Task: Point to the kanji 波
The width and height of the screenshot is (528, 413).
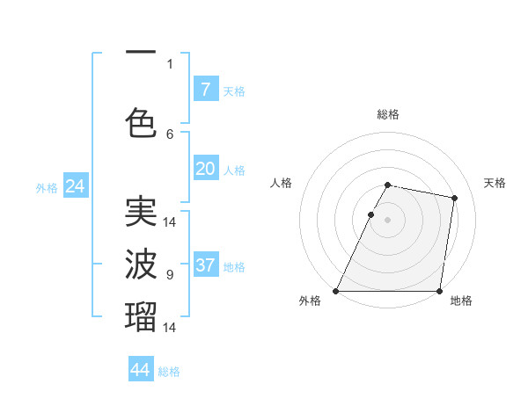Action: (141, 263)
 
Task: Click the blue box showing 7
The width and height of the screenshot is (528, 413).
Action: (205, 89)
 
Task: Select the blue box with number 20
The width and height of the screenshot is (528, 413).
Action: (205, 169)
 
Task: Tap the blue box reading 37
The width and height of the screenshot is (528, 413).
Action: (205, 265)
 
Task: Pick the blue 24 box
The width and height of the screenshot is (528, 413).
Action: (75, 186)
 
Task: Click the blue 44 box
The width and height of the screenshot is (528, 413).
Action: (141, 370)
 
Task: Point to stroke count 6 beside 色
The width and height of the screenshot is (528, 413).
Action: (170, 134)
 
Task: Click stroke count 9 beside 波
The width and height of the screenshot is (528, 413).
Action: (170, 275)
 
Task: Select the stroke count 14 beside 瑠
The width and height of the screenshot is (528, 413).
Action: (170, 327)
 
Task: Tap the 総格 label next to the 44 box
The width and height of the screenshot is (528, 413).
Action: (169, 372)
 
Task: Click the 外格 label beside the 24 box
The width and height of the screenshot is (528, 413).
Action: (47, 188)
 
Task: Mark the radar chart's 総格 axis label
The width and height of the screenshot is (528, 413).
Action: (387, 114)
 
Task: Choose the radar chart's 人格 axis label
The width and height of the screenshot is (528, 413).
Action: (282, 183)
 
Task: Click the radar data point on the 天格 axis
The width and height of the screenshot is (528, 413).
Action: (454, 199)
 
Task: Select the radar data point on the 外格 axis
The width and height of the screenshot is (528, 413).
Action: (336, 291)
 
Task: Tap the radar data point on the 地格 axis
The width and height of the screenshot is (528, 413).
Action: (439, 291)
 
